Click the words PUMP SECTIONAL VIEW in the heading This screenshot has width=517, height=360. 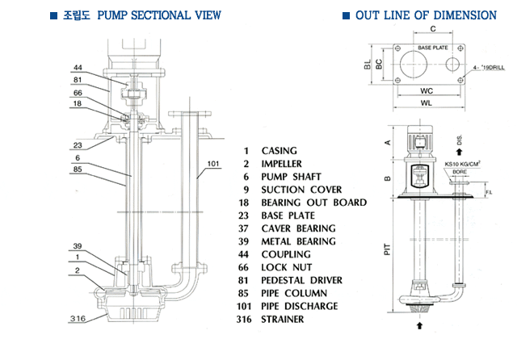161,15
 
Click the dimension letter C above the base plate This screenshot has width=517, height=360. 433,30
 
